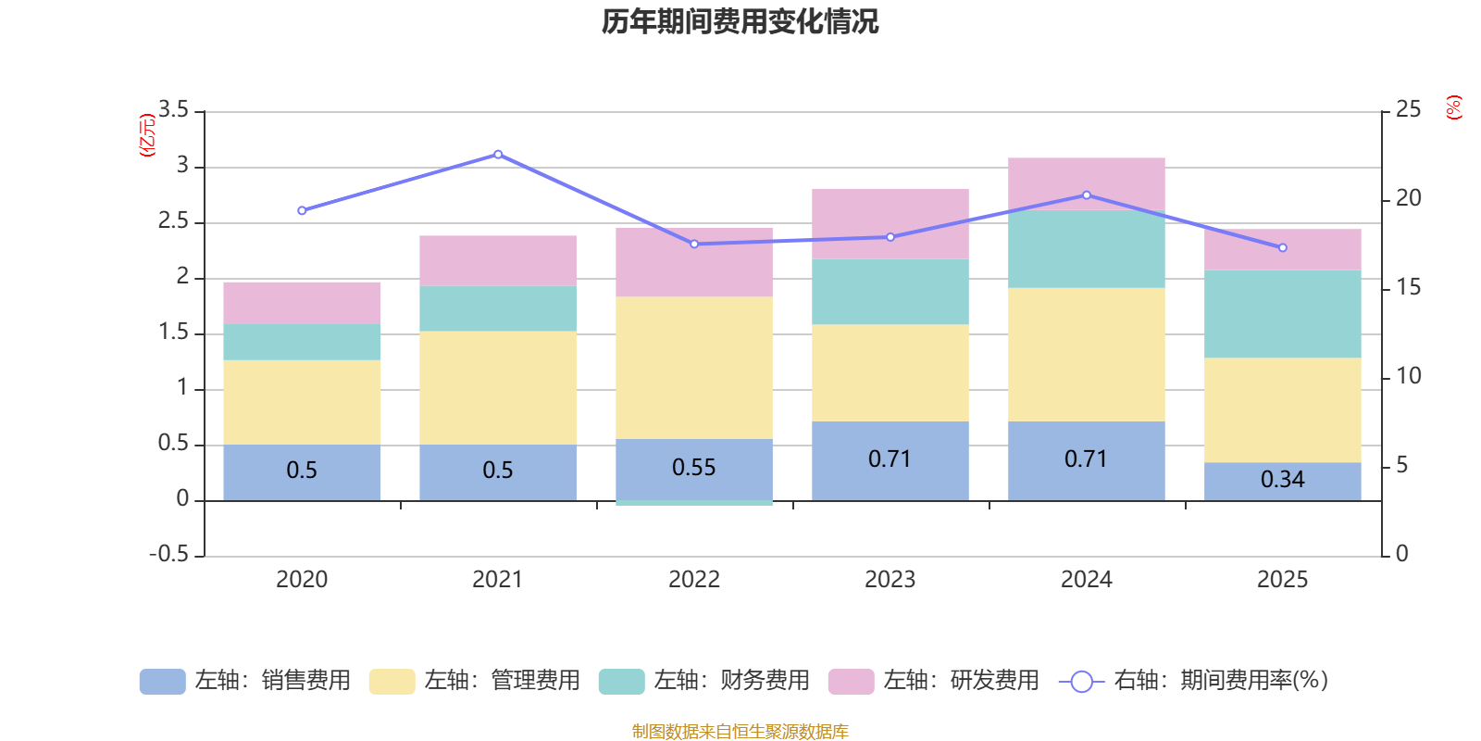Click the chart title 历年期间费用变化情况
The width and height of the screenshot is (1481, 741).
pos(740,21)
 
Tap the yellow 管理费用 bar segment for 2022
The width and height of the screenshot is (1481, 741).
pos(693,368)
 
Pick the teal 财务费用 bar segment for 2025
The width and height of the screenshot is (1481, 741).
pos(1282,314)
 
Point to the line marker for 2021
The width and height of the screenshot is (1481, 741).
pos(498,155)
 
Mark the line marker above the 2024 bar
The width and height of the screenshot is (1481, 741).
pos(1086,195)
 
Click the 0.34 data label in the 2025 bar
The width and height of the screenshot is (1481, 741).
pos(1282,480)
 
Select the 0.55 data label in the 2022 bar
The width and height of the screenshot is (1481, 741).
pos(693,468)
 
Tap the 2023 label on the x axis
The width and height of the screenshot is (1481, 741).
pos(890,580)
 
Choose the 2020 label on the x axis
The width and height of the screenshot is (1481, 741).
pos(302,580)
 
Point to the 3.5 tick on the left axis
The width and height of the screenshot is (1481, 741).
pos(173,110)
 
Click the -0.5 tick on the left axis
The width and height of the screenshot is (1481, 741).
pos(168,554)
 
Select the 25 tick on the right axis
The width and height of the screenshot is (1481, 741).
pos(1408,110)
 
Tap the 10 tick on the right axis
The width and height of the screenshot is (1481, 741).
pos(1408,376)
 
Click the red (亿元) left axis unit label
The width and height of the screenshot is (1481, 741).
pos(146,135)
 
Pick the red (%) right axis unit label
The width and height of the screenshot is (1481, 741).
pos(1453,107)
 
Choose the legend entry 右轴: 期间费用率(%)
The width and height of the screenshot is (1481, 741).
pos(1194,681)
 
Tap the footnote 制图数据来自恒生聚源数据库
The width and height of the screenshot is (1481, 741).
pos(740,732)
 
